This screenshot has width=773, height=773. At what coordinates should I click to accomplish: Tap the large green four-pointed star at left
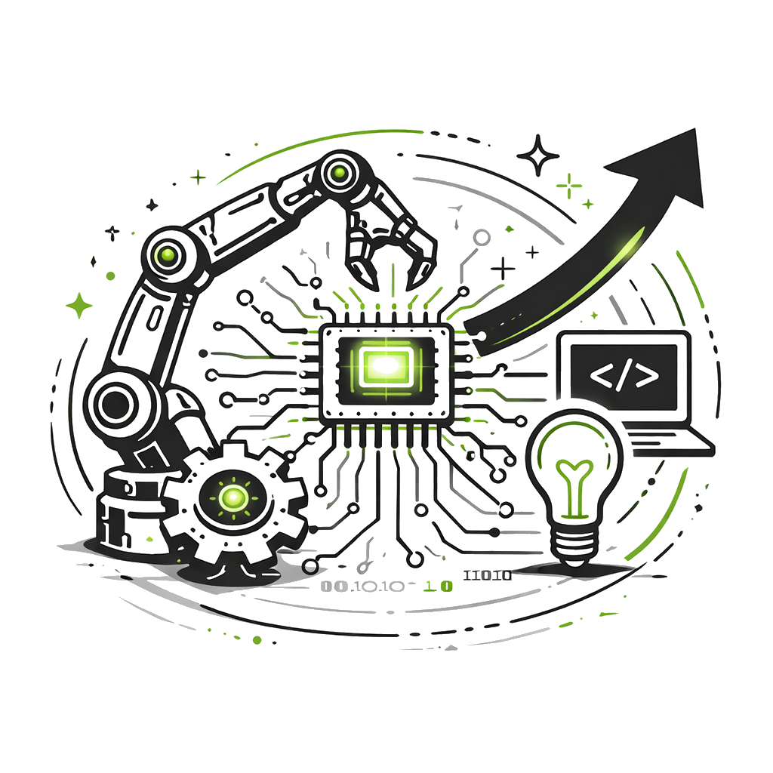click(79, 305)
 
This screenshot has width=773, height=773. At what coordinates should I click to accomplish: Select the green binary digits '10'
click(438, 586)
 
